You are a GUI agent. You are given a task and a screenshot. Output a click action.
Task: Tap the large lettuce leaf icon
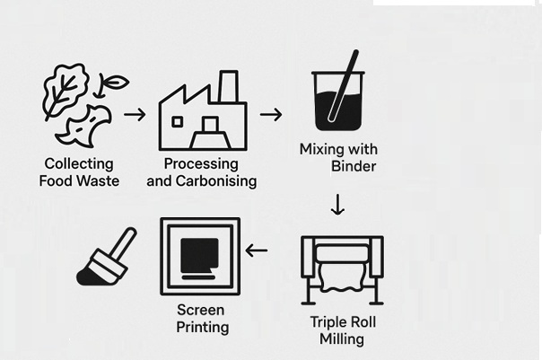click(64, 91)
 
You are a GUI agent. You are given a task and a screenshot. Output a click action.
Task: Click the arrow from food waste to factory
click(135, 114)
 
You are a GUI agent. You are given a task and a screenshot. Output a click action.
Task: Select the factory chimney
click(229, 86)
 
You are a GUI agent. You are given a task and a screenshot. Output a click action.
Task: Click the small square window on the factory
click(178, 122)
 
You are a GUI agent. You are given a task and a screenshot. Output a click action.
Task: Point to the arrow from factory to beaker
click(271, 114)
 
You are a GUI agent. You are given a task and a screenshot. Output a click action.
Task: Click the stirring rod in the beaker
click(344, 86)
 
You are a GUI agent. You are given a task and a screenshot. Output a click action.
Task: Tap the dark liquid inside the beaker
click(338, 111)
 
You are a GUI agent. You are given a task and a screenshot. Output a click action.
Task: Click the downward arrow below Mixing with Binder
click(337, 205)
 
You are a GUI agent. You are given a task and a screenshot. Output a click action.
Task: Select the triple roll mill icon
click(342, 270)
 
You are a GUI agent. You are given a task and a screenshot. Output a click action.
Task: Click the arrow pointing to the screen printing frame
click(256, 250)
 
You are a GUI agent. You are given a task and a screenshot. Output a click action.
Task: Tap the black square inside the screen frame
click(199, 255)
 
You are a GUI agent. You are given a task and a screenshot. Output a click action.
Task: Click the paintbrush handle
click(124, 244)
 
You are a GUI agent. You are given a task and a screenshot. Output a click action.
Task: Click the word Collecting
click(79, 164)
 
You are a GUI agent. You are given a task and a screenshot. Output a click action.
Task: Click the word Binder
click(354, 166)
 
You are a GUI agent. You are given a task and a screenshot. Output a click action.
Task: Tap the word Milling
click(342, 339)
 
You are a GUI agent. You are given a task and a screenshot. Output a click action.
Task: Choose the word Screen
click(201, 310)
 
